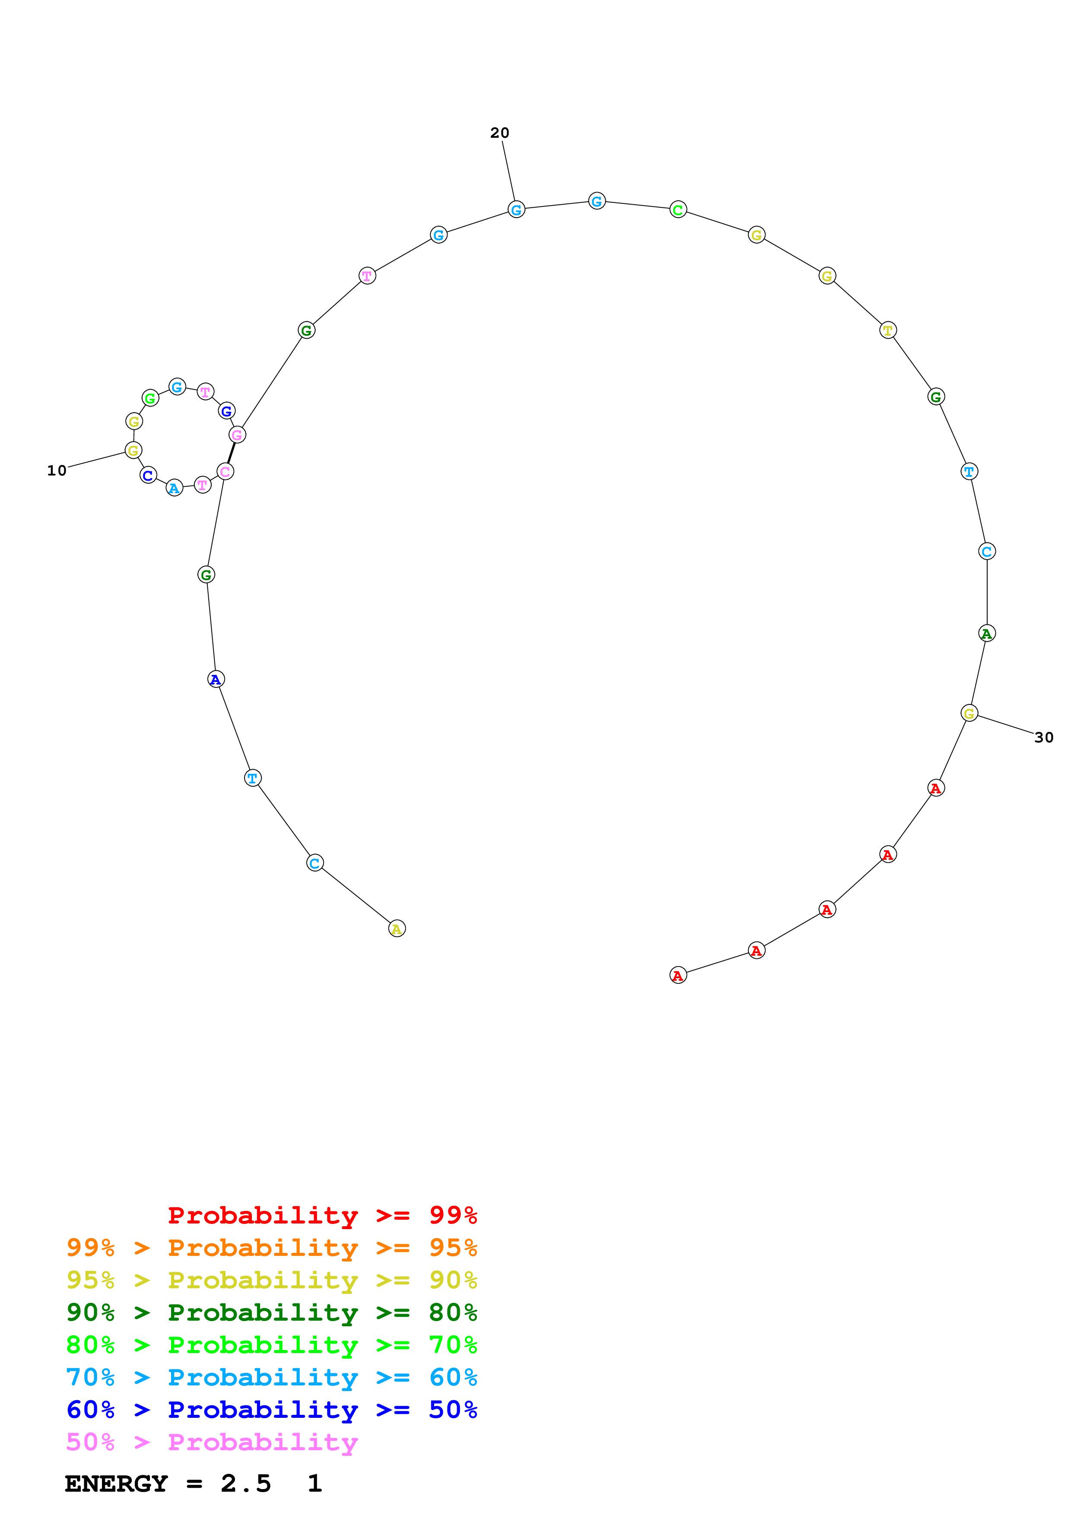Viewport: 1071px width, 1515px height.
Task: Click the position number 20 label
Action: pyautogui.click(x=499, y=133)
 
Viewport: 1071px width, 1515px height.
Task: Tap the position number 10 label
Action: pyautogui.click(x=57, y=470)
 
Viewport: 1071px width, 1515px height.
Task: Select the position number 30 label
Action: pyautogui.click(x=1043, y=737)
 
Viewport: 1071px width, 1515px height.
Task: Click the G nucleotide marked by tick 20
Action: pyautogui.click(x=516, y=210)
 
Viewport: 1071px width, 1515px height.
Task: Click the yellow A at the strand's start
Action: pyautogui.click(x=397, y=929)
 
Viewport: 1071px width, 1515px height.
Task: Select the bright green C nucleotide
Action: pyautogui.click(x=678, y=210)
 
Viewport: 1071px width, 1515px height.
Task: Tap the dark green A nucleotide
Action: pyautogui.click(x=986, y=634)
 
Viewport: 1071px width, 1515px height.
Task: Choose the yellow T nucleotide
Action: pyautogui.click(x=887, y=330)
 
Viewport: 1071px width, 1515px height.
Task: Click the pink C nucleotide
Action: pyautogui.click(x=225, y=471)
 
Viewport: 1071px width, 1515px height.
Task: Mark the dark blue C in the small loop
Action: pyautogui.click(x=149, y=475)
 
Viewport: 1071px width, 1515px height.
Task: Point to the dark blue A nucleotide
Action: pyautogui.click(x=216, y=679)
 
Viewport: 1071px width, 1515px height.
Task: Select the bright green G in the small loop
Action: pyautogui.click(x=150, y=398)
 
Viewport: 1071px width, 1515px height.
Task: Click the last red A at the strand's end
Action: pyautogui.click(x=678, y=975)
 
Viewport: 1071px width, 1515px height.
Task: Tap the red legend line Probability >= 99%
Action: pyautogui.click(x=322, y=1215)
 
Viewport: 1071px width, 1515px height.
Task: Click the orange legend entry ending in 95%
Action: pyautogui.click(x=271, y=1248)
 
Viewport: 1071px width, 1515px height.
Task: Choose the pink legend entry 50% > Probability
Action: pyautogui.click(x=212, y=1442)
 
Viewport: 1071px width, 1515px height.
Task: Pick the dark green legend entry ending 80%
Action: pyautogui.click(x=271, y=1312)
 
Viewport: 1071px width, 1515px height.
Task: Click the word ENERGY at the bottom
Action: pyautogui.click(x=116, y=1484)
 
